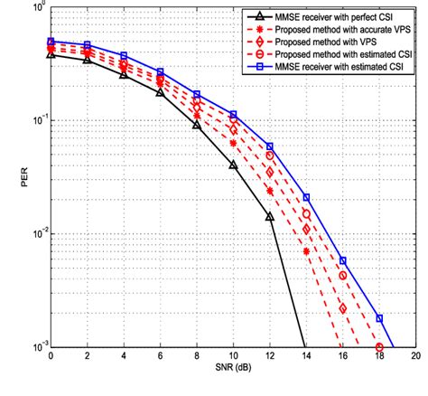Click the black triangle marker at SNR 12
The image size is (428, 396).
click(269, 216)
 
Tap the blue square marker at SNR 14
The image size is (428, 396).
click(306, 197)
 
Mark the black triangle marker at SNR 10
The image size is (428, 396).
click(233, 165)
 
